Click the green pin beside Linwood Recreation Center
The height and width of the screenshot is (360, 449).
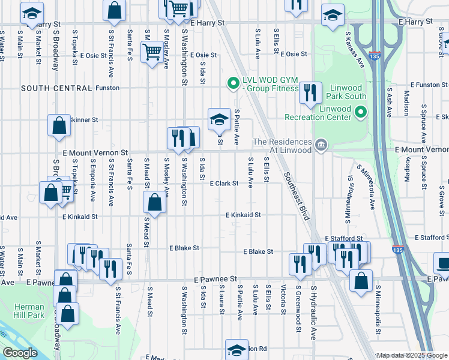click(360, 112)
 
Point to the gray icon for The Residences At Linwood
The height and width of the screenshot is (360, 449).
click(321, 145)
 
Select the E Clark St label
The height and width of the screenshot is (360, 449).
click(224, 184)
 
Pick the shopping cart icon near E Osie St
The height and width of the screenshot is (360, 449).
click(152, 52)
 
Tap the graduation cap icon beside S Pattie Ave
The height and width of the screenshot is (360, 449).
click(219, 119)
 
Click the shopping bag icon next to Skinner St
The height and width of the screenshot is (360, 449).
click(59, 126)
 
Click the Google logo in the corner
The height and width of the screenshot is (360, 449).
click(20, 353)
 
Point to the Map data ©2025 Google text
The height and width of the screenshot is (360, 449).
click(411, 355)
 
